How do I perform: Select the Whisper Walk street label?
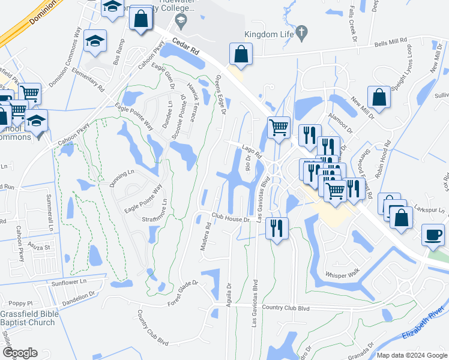341,275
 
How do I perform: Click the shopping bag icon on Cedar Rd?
240,55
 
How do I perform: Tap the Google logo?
19,353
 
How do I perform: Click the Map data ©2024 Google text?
412,355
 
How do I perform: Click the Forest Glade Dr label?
182,292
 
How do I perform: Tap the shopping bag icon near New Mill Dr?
380,97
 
